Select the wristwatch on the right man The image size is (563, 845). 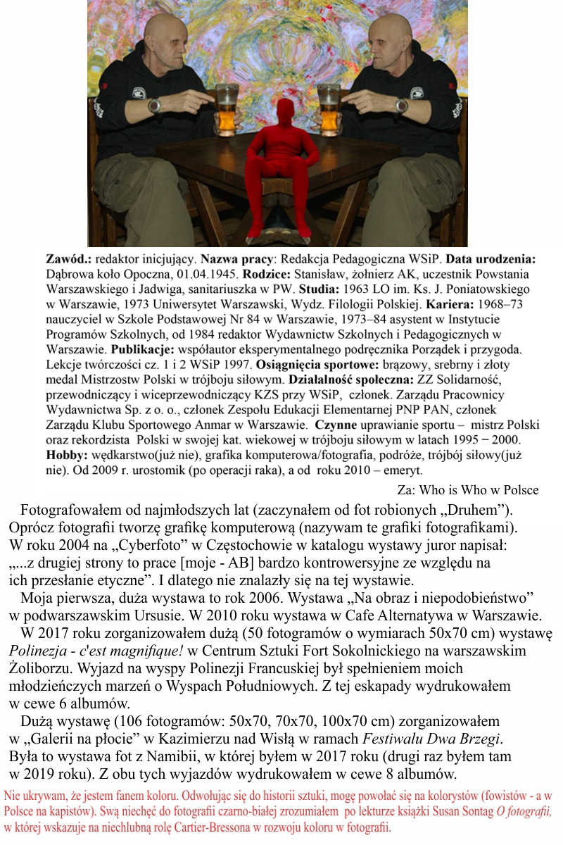(400, 106)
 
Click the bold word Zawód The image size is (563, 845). (68, 258)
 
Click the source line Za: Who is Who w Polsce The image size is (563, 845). (468, 491)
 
